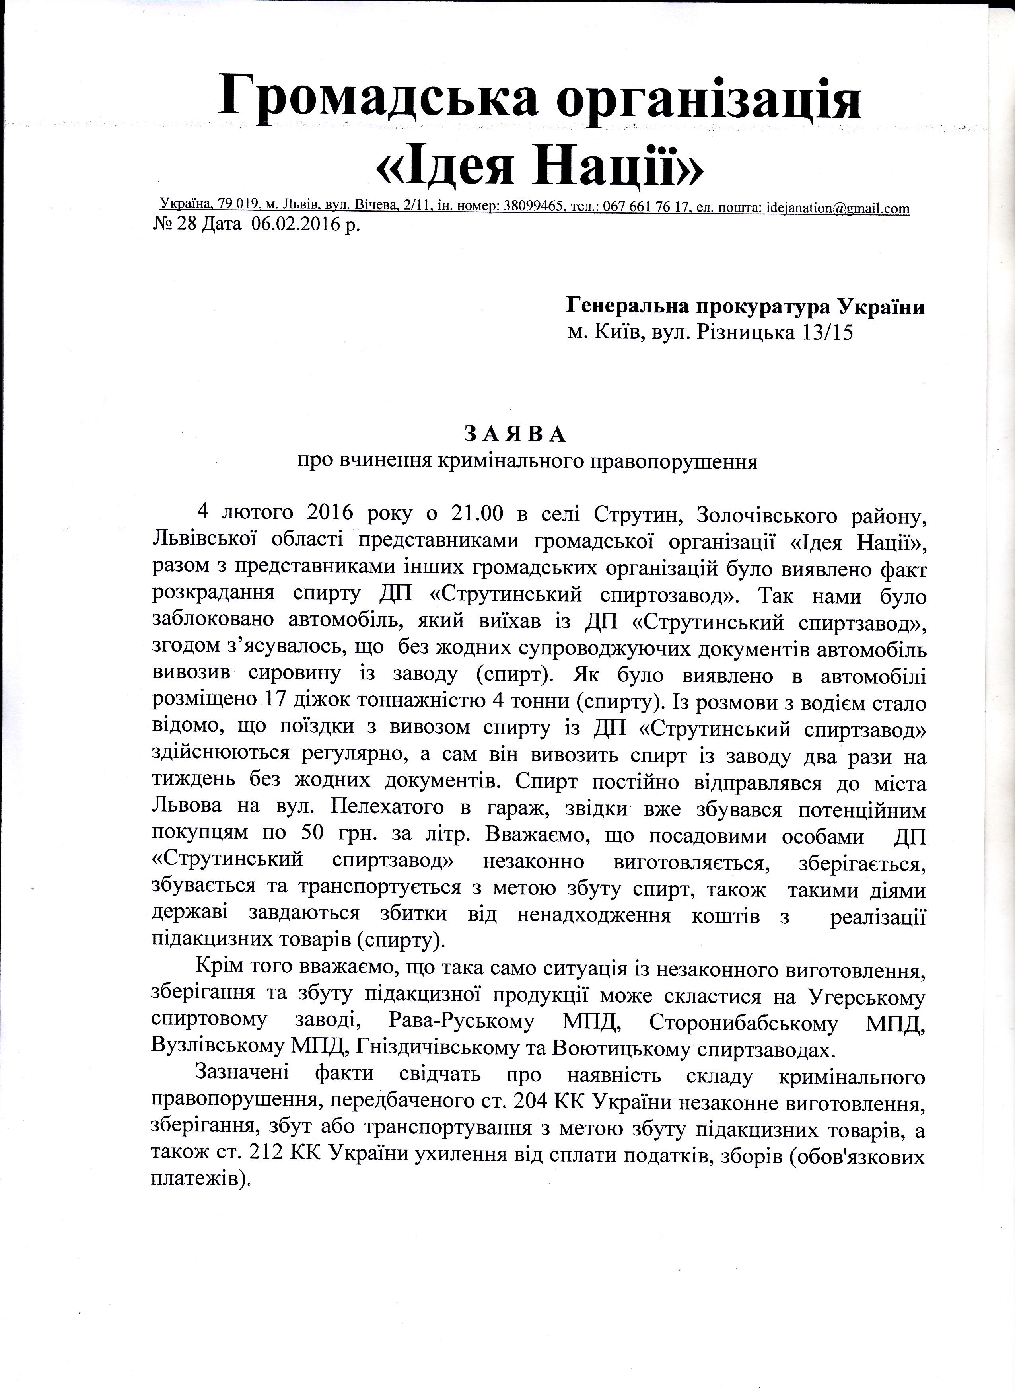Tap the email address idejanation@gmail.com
(x=836, y=208)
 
